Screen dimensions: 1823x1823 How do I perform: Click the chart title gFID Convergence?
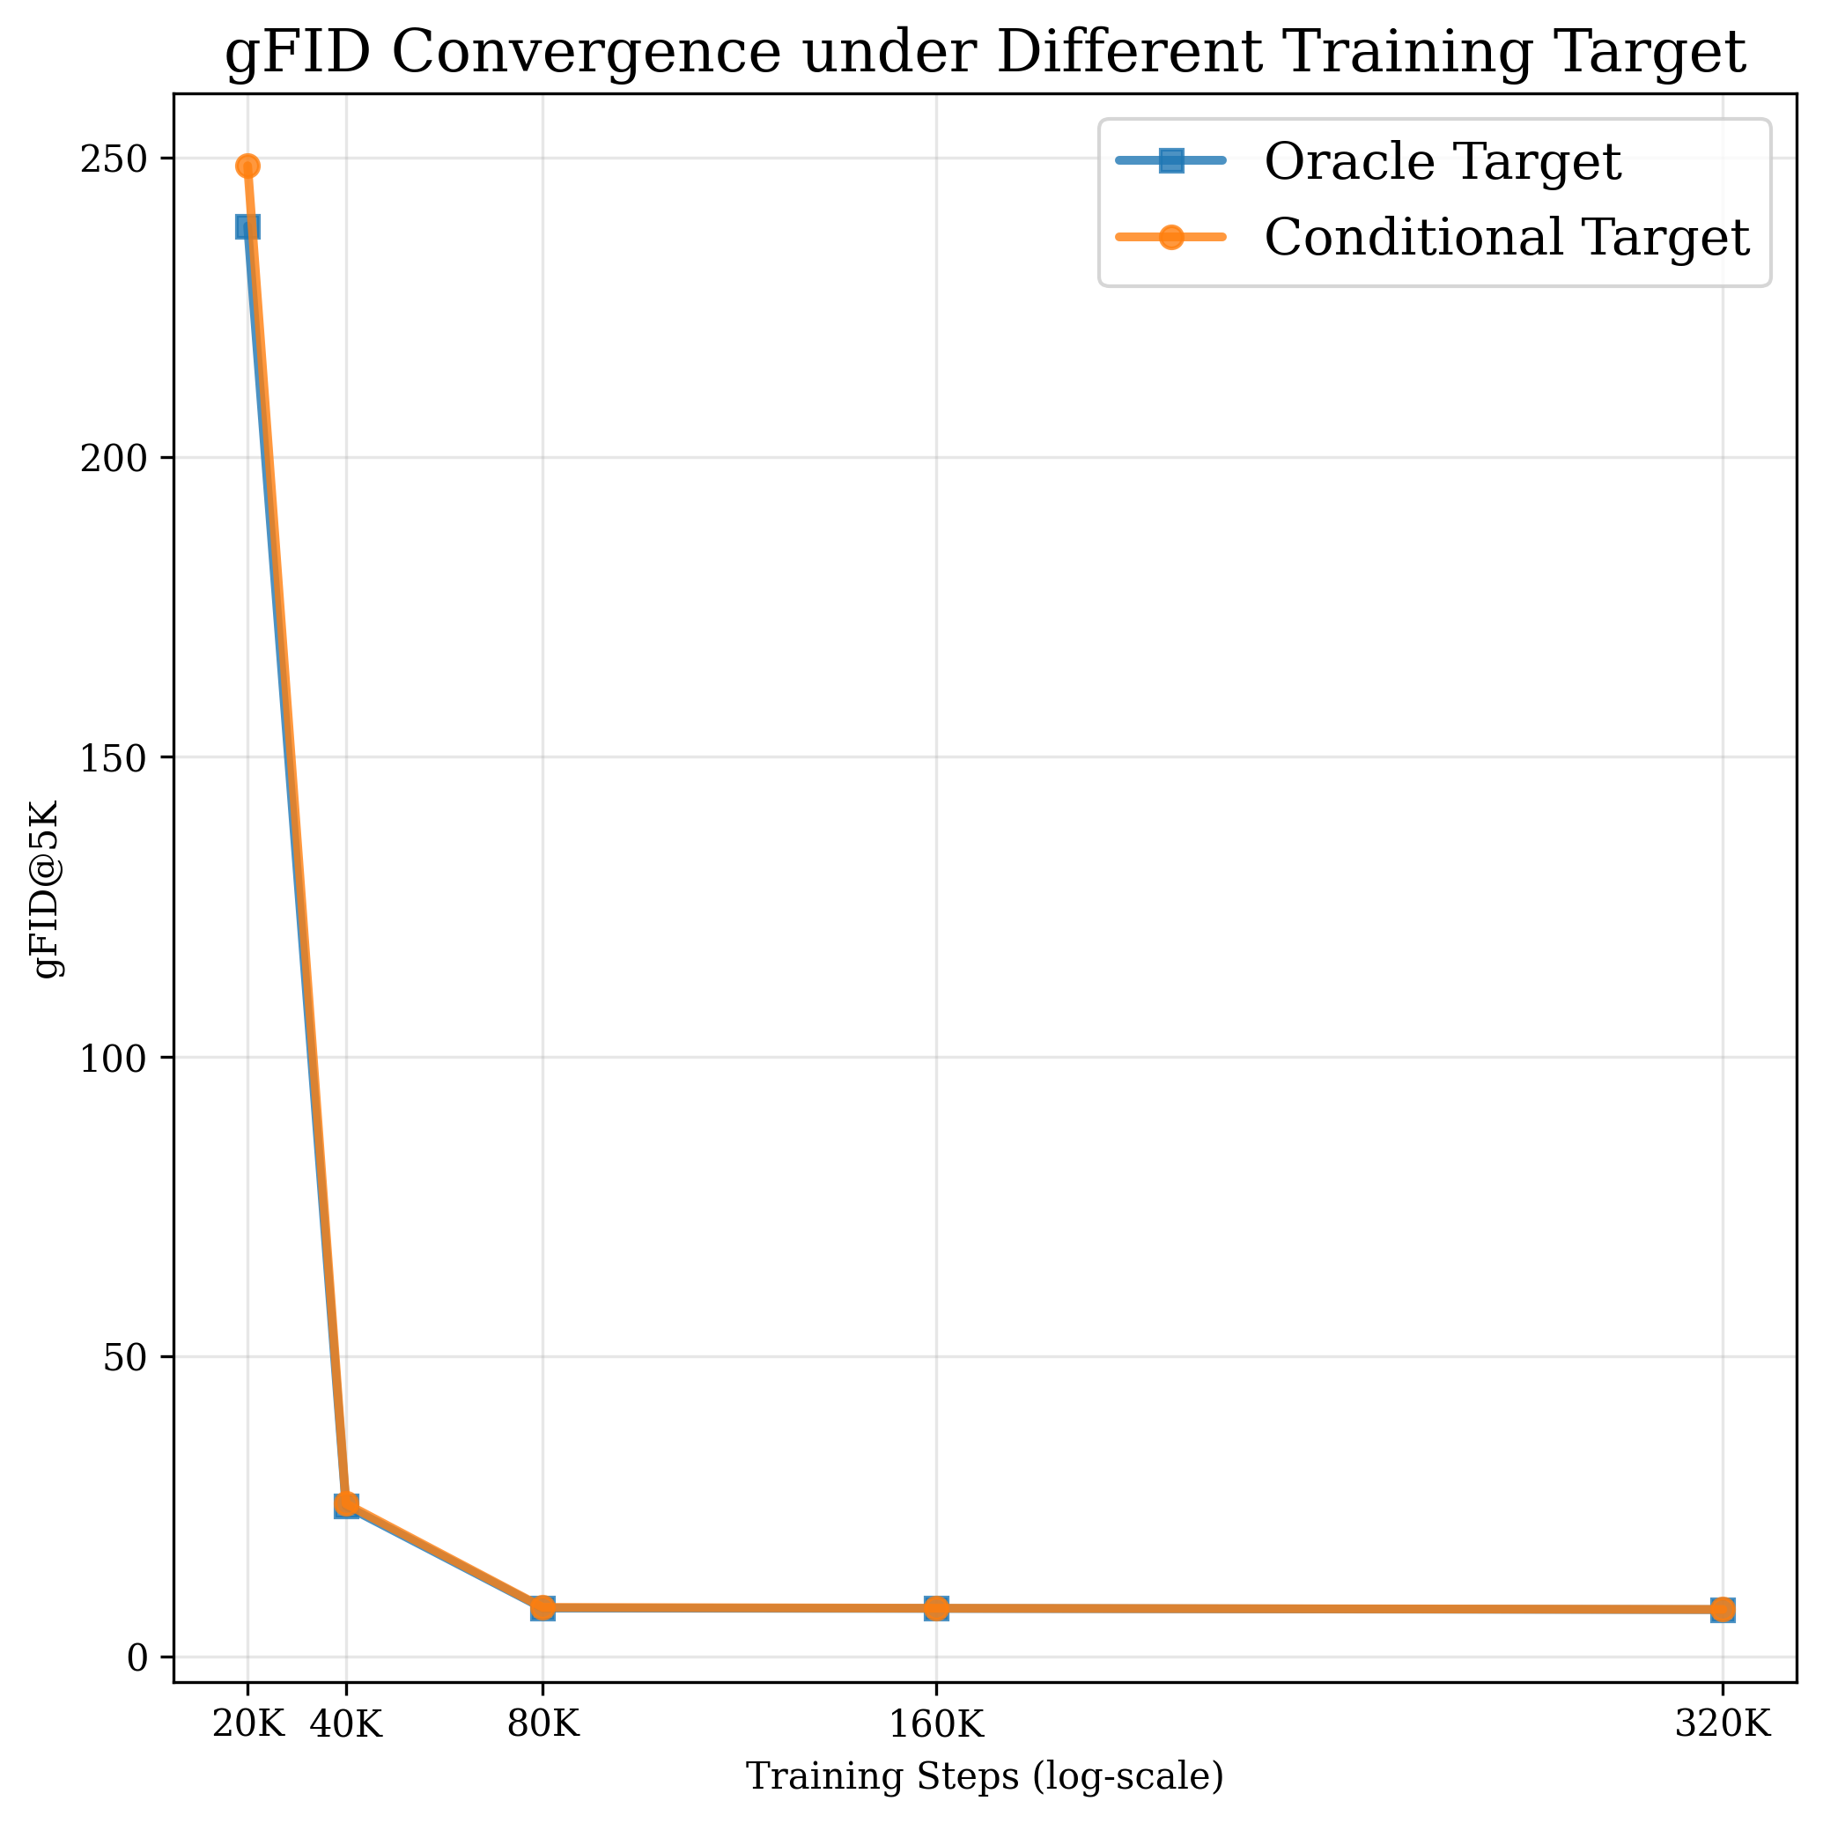click(x=985, y=53)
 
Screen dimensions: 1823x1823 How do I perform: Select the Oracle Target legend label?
click(x=1443, y=161)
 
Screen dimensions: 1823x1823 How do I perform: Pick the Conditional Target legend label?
click(x=1507, y=237)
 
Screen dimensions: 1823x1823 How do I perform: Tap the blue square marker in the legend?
click(x=1171, y=160)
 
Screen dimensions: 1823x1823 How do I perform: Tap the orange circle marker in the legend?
click(x=1171, y=237)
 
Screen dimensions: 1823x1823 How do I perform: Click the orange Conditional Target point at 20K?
click(x=247, y=166)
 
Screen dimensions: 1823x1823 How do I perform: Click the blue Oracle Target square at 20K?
click(x=247, y=226)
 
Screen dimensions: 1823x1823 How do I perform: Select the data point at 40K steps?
click(x=346, y=1505)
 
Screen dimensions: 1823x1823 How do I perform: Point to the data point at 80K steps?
click(x=542, y=1608)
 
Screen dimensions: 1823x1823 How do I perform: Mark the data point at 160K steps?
click(x=936, y=1609)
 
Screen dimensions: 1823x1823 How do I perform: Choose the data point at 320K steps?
click(x=1723, y=1610)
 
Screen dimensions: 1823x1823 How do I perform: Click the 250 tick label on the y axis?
click(x=114, y=159)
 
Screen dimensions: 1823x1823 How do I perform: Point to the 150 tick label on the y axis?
click(x=114, y=757)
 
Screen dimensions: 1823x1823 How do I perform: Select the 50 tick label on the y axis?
click(x=125, y=1358)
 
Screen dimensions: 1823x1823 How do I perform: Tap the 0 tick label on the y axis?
click(x=137, y=1657)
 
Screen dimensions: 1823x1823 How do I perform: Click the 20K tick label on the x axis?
click(x=247, y=1725)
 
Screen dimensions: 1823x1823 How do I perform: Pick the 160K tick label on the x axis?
click(x=936, y=1725)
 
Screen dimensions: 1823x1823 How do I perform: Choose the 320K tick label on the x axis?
click(x=1723, y=1725)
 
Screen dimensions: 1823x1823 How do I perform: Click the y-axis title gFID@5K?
click(x=48, y=889)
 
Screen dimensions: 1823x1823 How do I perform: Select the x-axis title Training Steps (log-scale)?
click(x=985, y=1777)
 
